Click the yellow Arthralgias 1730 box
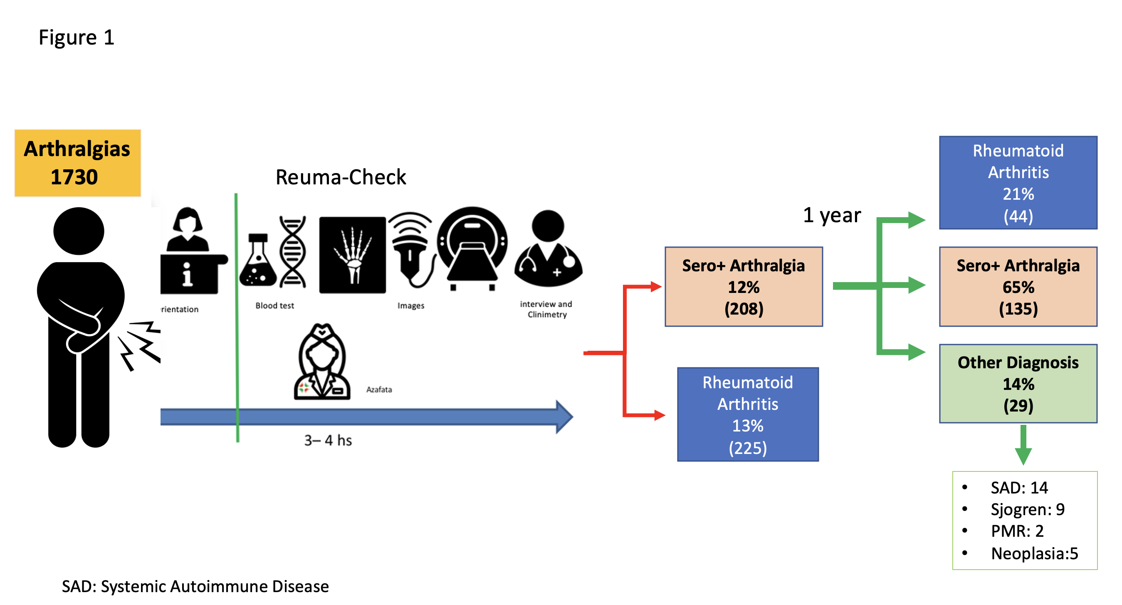(77, 163)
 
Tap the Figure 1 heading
(77, 37)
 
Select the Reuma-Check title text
(341, 177)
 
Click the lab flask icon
(258, 262)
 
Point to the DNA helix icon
(293, 252)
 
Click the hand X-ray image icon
(352, 255)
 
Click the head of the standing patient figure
(79, 231)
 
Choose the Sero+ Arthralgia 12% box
(744, 287)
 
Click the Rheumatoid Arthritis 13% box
(747, 414)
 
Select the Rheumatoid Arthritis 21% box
(1018, 183)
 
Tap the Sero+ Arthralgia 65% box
(1018, 287)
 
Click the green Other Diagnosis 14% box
(1018, 384)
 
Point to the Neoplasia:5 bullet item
(1034, 553)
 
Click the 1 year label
(832, 215)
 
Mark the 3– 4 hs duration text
(328, 441)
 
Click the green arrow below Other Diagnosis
(1023, 445)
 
